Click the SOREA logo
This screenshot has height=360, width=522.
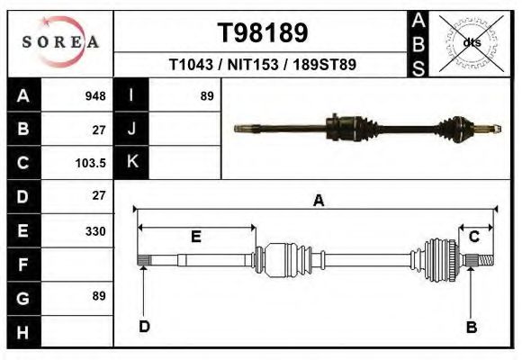[60, 42]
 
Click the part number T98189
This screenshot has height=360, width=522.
[263, 32]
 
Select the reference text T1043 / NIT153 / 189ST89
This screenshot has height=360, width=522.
[263, 65]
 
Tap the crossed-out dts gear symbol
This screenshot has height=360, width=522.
[471, 42]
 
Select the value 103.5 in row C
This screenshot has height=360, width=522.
[92, 163]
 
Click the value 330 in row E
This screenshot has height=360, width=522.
[94, 231]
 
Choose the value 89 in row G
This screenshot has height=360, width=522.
[98, 296]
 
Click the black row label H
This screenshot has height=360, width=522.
[22, 331]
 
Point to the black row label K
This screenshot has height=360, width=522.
[131, 163]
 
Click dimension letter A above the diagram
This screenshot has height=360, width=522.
[318, 202]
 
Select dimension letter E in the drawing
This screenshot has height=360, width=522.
[195, 237]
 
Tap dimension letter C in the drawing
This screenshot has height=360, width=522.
[473, 237]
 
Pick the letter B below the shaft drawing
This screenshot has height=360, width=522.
[470, 327]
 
